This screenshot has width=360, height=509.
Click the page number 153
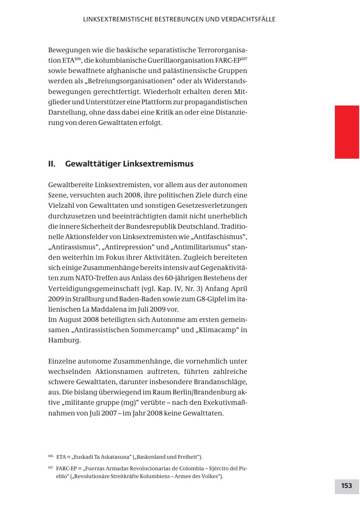coord(346,486)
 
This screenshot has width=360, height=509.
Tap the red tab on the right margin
coord(347,132)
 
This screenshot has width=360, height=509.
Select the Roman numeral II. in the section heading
coord(52,164)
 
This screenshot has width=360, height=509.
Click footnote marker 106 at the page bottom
coord(51,456)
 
